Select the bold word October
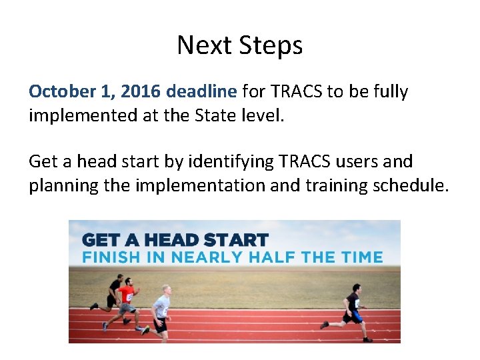(x=63, y=91)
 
